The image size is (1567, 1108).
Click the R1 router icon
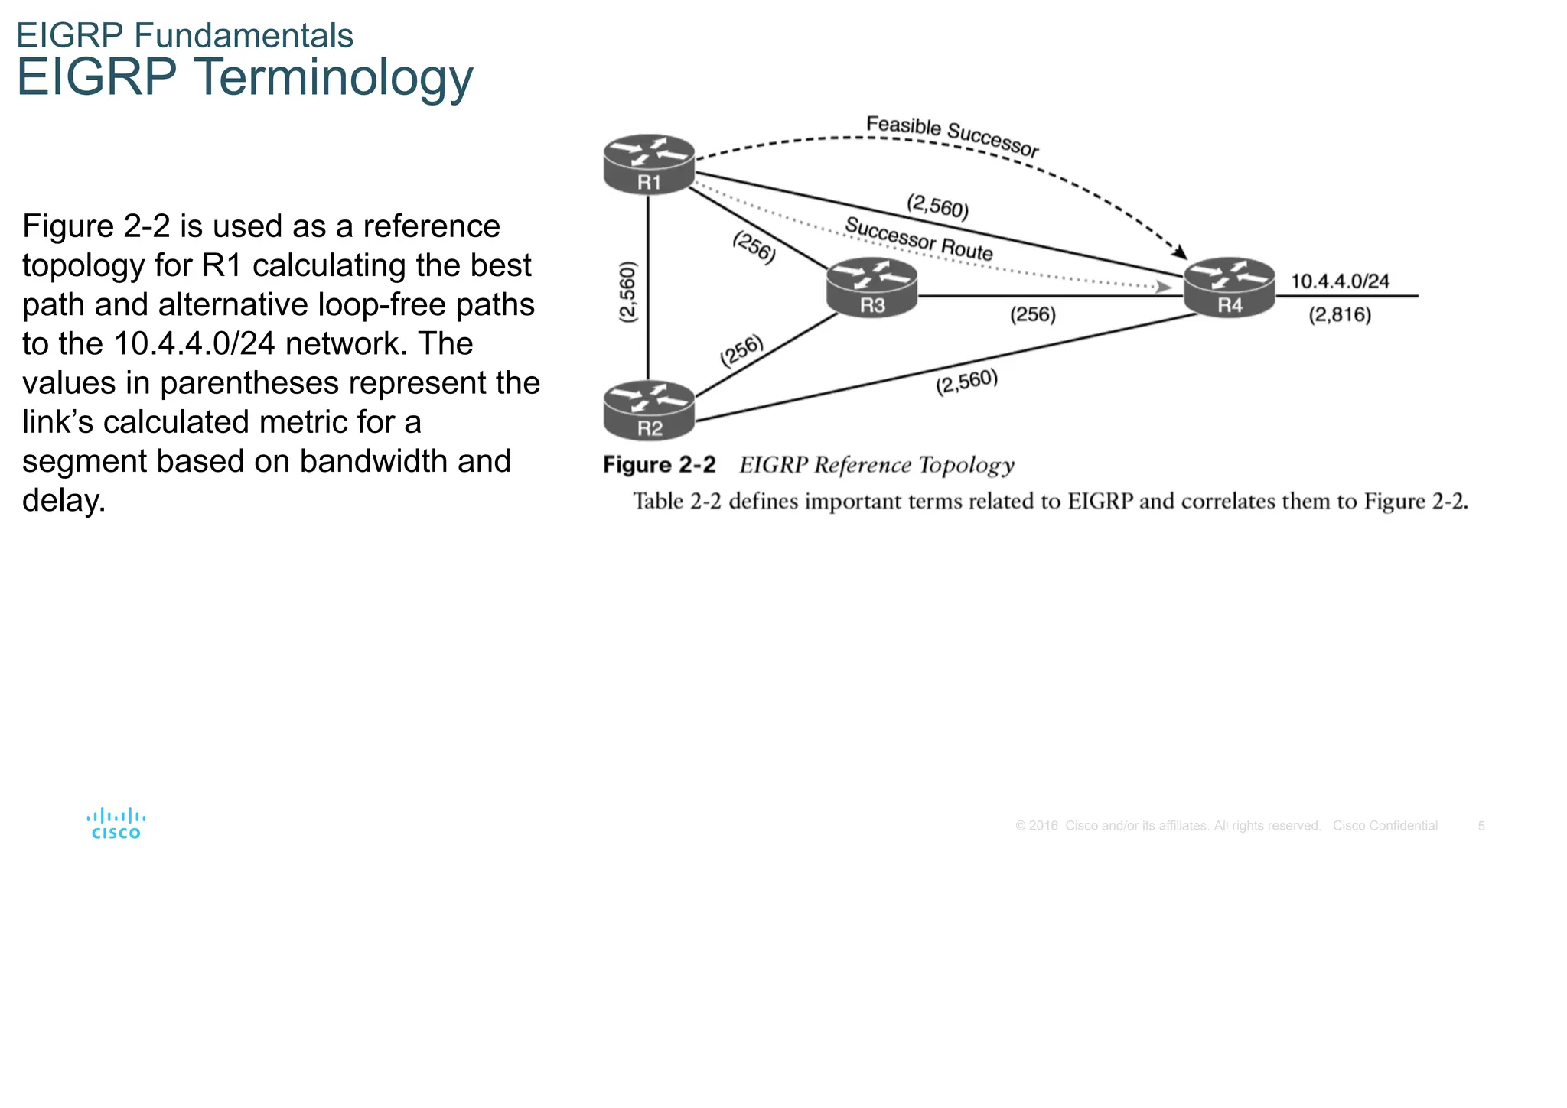(648, 164)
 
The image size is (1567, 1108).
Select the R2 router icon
(648, 411)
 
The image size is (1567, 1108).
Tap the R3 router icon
(871, 288)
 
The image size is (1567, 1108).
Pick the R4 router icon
(1229, 288)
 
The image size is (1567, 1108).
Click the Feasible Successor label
(952, 136)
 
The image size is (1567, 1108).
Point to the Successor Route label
(918, 239)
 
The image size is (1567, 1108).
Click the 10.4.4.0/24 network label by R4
(1340, 281)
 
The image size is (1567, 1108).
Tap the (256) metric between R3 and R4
(1032, 315)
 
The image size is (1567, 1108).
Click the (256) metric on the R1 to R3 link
(754, 248)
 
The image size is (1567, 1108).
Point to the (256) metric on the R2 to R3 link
(741, 351)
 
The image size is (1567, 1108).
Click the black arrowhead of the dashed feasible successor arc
(1180, 252)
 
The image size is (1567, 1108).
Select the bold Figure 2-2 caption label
(659, 465)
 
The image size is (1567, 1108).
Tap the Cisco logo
(116, 824)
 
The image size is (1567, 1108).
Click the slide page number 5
(1481, 826)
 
